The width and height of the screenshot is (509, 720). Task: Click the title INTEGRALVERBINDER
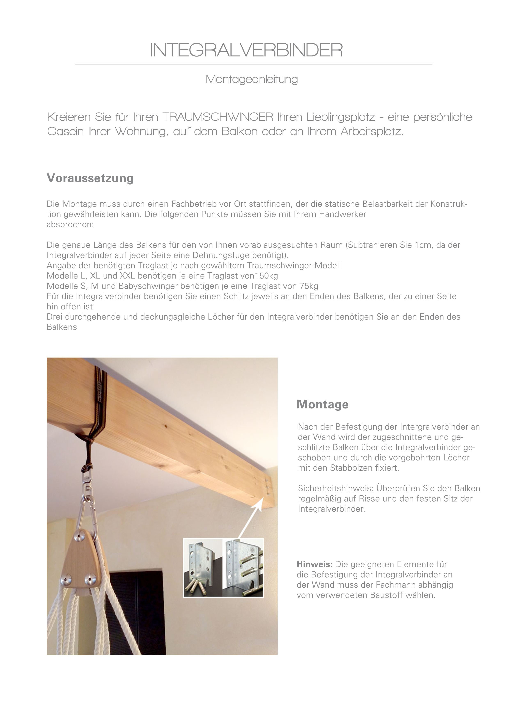pos(246,50)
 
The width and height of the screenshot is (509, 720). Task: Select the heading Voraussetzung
pos(90,178)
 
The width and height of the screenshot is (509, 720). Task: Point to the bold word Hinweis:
pos(314,564)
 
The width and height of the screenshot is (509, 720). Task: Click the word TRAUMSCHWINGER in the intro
pos(218,117)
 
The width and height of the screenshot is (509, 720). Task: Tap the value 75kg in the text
pos(309,286)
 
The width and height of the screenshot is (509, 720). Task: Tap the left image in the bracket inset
pos(203,568)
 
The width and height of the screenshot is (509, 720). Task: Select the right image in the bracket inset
pos(243,568)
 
